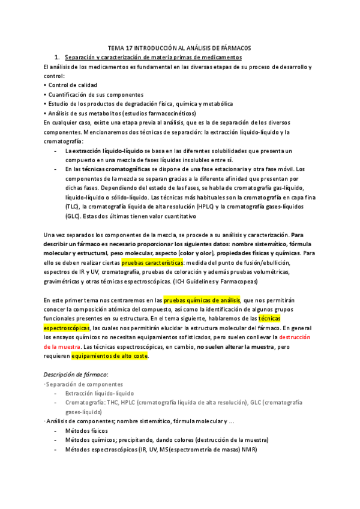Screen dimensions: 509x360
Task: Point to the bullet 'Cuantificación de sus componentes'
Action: pos(96,94)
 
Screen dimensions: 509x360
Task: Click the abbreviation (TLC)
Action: pos(73,206)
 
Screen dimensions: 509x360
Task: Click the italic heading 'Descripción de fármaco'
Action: pos(76,374)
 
